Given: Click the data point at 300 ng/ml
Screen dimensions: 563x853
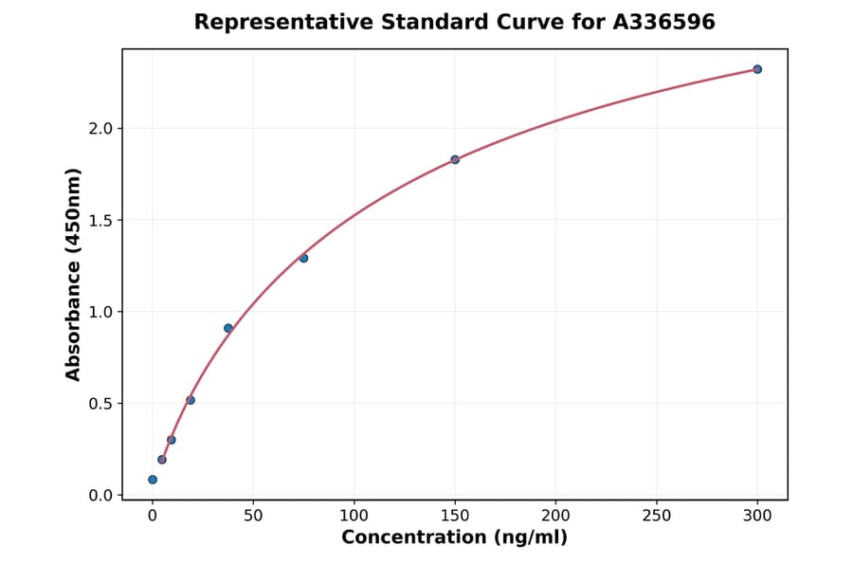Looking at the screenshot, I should (x=757, y=69).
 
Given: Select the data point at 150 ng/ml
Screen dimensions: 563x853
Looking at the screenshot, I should (x=455, y=159).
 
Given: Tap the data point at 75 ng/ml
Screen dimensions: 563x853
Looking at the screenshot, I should (x=303, y=258).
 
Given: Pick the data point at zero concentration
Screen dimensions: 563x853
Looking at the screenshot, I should (x=153, y=480).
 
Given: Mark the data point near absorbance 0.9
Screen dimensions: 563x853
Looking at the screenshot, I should (x=228, y=328).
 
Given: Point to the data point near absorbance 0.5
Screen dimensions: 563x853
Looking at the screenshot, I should (x=191, y=400).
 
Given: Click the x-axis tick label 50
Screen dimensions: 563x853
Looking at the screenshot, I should (x=253, y=516).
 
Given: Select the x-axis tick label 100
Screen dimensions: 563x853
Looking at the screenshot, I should (x=354, y=516).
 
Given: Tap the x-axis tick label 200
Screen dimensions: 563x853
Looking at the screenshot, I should (x=555, y=516).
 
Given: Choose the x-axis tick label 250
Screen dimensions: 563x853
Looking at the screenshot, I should (x=656, y=516).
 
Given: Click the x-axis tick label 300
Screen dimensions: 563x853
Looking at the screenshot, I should (x=757, y=516).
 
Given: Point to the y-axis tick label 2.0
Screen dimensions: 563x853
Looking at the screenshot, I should (x=100, y=128).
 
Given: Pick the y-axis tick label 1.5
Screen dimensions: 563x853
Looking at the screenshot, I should (x=100, y=220).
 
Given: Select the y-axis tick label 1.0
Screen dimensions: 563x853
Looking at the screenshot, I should (x=100, y=312).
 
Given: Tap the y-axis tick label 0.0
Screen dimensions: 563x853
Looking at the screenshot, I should (x=100, y=495).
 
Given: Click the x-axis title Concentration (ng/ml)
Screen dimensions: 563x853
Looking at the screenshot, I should (x=454, y=537).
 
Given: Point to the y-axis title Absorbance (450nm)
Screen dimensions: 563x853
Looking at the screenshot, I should (x=73, y=274).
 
